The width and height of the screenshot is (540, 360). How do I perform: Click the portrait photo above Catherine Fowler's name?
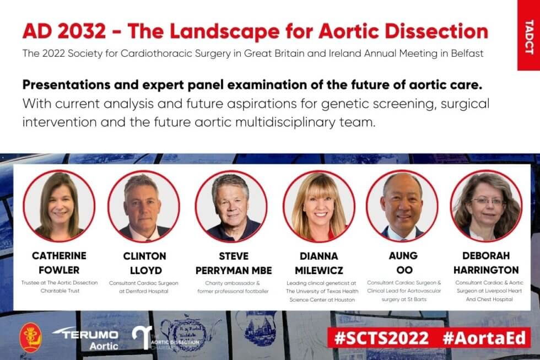click(59, 206)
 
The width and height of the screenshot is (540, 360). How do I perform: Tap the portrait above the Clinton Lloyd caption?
click(143, 206)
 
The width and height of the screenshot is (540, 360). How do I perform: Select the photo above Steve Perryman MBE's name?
click(231, 206)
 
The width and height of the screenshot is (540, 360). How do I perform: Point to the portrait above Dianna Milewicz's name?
click(318, 206)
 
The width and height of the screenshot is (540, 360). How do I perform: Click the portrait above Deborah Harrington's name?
click(486, 206)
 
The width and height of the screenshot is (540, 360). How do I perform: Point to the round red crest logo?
click(31, 337)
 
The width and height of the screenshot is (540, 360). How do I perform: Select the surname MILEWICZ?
click(318, 270)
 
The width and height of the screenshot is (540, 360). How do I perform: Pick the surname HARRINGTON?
click(486, 270)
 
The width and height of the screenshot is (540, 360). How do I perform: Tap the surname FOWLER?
click(59, 270)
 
